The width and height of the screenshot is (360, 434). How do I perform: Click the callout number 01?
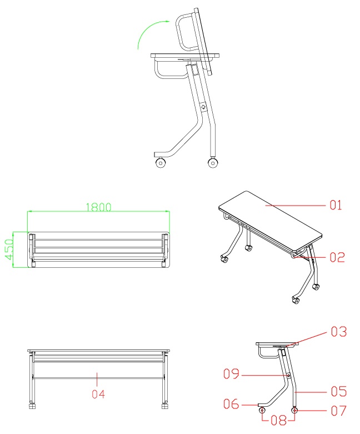[x=336, y=205]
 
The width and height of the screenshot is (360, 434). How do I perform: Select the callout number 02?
[x=337, y=257]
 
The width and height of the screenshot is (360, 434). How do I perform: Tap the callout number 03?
[x=339, y=332]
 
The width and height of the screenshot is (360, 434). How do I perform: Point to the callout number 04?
[x=98, y=394]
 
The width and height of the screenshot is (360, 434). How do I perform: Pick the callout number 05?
[x=339, y=391]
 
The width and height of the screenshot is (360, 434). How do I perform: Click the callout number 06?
[x=231, y=404]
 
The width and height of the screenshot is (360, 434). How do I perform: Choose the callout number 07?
[x=339, y=411]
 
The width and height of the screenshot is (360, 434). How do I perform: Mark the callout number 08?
[x=279, y=421]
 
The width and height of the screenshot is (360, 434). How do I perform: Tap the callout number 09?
[x=231, y=373]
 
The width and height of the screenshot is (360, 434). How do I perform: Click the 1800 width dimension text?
[x=98, y=207]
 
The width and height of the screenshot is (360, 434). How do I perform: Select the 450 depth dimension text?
[x=9, y=250]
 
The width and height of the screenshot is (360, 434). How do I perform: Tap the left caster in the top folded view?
[x=161, y=163]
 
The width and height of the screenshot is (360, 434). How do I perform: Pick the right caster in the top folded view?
[x=213, y=163]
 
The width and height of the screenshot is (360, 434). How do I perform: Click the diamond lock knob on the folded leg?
[x=204, y=107]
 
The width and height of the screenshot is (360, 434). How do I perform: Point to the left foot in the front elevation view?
[x=33, y=405]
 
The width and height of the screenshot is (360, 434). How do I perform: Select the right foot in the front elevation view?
[x=165, y=405]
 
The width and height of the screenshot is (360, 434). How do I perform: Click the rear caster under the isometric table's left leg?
[x=248, y=248]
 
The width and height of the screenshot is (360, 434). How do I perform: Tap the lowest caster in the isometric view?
[x=296, y=300]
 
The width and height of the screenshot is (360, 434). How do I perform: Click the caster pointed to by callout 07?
[x=295, y=410]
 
